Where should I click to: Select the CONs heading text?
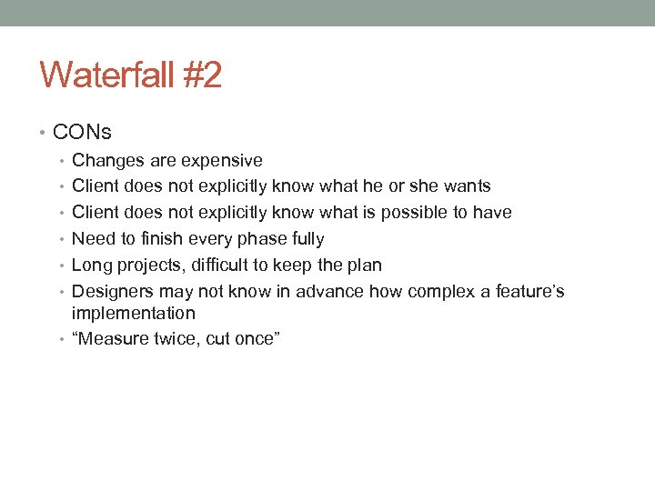point(82,132)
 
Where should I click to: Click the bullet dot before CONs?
point(45,133)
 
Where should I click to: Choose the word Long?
point(91,266)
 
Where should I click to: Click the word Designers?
point(113,292)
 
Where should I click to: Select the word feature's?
point(530,292)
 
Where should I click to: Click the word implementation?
point(134,314)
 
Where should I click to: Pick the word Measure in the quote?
point(114,339)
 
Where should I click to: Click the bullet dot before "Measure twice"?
point(64,340)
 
